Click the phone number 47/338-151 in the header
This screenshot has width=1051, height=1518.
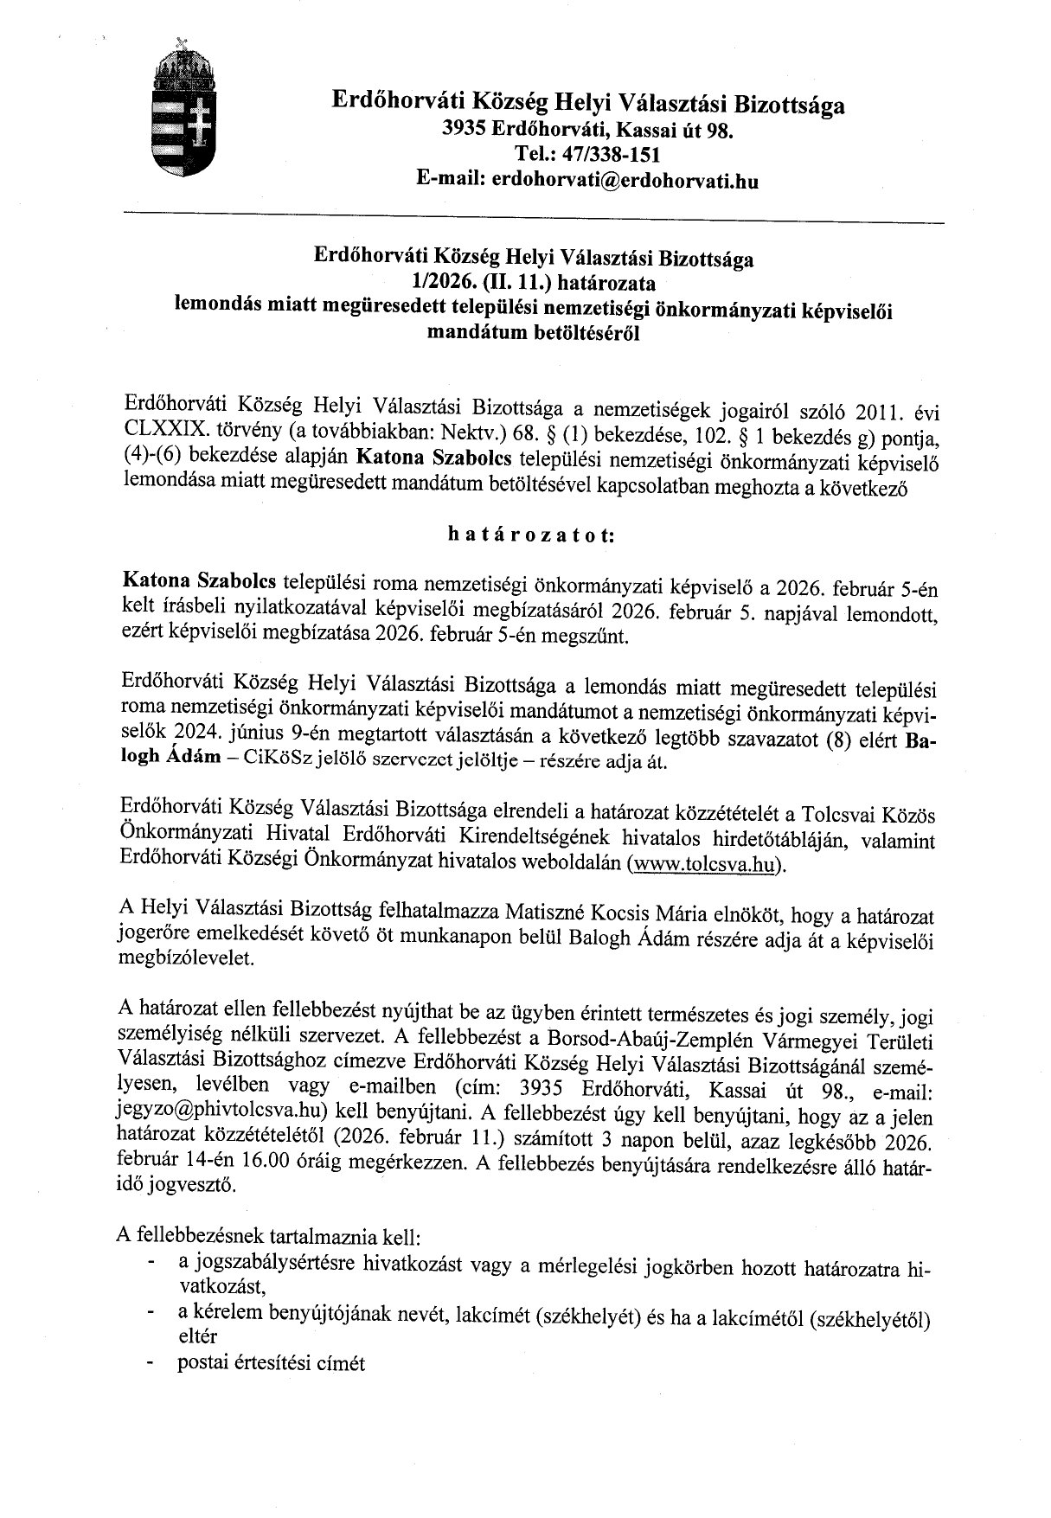(615, 156)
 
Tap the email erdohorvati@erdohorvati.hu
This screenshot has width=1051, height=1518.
(625, 181)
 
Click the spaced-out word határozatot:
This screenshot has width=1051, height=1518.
(530, 534)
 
